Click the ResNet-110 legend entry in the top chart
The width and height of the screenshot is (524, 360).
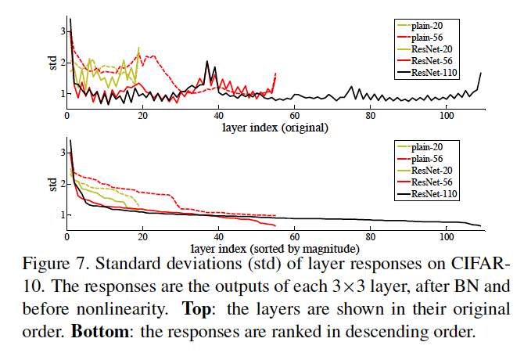[427, 73]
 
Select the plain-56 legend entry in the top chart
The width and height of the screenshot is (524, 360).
[420, 38]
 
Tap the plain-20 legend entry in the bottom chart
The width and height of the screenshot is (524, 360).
[420, 147]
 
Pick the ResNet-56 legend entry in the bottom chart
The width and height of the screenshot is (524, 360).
[425, 182]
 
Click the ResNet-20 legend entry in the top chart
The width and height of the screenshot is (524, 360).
[425, 49]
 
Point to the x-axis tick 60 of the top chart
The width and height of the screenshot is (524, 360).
[294, 116]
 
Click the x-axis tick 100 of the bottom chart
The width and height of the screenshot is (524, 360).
[447, 237]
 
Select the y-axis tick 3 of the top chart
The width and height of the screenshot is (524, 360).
[63, 31]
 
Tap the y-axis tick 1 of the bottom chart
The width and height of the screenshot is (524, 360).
[63, 214]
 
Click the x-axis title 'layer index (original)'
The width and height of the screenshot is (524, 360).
[275, 128]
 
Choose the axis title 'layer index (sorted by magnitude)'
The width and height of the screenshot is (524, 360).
[275, 249]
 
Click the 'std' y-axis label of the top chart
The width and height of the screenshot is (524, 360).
[53, 63]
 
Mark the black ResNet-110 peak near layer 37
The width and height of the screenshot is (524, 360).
[206, 62]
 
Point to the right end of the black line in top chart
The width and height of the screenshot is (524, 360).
[481, 73]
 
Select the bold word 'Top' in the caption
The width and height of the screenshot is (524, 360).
[196, 309]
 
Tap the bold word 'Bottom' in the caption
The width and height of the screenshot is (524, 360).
[100, 332]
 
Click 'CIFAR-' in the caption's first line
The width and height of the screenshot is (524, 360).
[480, 264]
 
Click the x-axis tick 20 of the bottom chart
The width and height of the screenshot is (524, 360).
[142, 237]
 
